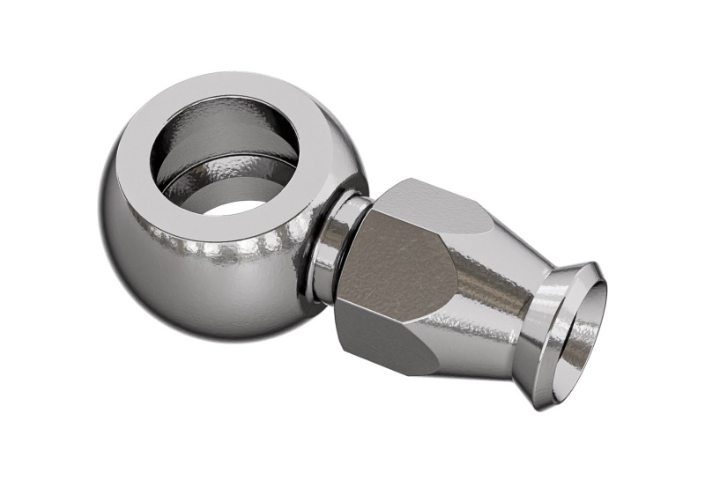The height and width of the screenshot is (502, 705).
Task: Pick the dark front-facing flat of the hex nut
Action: (388, 264)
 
